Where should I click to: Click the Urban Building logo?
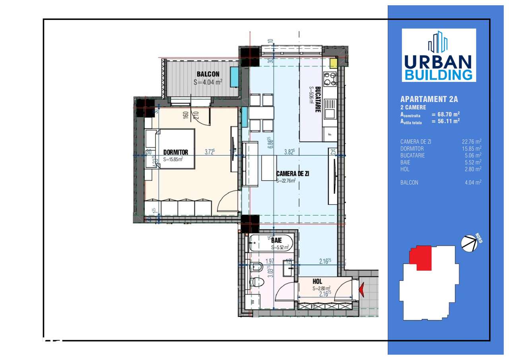(x=439, y=55)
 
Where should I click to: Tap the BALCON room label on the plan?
(x=208, y=74)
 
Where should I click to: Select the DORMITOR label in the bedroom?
(x=175, y=152)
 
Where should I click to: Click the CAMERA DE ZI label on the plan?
(x=293, y=173)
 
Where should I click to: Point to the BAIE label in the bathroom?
(x=276, y=240)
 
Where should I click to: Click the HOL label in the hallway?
(x=317, y=281)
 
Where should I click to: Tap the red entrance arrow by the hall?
(x=362, y=290)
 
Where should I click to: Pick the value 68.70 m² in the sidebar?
(x=445, y=114)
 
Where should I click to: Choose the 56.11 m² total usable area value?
(x=445, y=121)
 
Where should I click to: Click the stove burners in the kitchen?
(x=330, y=79)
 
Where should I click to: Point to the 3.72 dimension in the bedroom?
(x=210, y=152)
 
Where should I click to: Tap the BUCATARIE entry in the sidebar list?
(x=412, y=155)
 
